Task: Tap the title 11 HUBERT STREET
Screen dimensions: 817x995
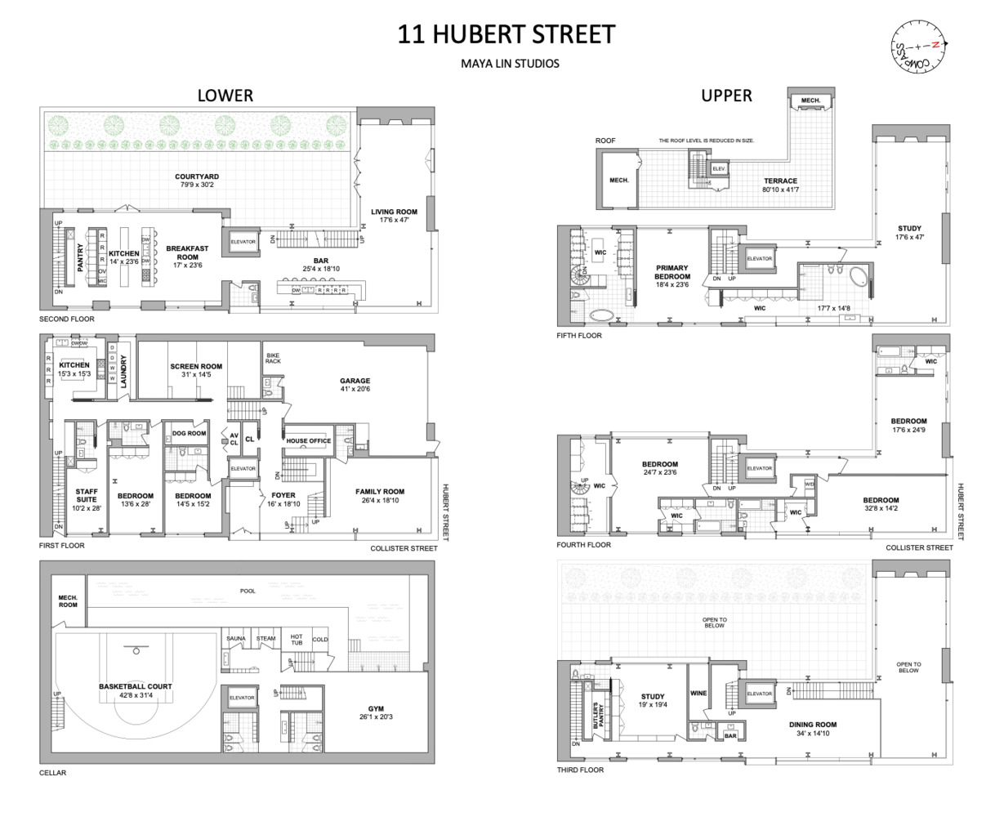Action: [x=506, y=34]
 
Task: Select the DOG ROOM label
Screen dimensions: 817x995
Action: [x=189, y=434]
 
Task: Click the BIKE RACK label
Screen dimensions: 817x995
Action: [x=273, y=358]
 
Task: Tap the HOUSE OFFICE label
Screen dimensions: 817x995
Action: [x=308, y=441]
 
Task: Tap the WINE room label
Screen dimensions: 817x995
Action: [x=698, y=694]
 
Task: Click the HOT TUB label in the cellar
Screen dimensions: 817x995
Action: [x=297, y=639]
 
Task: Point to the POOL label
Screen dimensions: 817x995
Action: [x=248, y=591]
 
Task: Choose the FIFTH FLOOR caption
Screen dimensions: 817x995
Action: [x=578, y=336]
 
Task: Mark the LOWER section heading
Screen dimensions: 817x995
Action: [x=225, y=96]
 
